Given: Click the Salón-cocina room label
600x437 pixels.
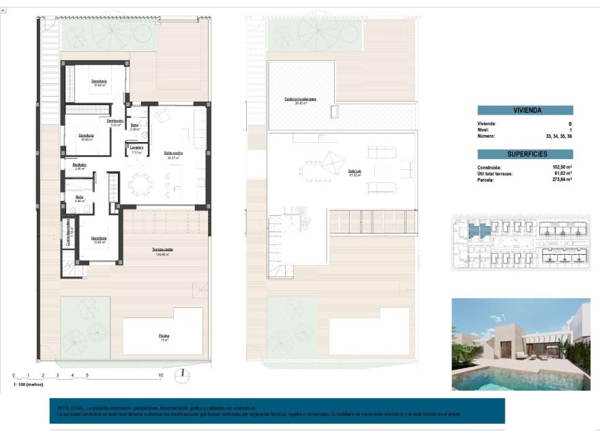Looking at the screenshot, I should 173,153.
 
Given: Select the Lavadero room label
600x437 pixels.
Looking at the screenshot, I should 136,147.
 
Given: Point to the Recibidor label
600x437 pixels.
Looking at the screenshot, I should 80,165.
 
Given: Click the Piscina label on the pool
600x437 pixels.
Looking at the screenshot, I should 164,335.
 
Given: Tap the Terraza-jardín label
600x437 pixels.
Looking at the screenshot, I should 162,250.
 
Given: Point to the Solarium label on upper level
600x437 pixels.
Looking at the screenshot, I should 355,171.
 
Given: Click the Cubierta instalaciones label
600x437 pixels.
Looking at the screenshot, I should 300,99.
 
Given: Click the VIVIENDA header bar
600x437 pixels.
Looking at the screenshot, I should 525,110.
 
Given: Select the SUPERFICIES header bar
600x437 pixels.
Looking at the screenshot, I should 525,154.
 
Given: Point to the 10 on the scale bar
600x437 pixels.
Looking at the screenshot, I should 161,376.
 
